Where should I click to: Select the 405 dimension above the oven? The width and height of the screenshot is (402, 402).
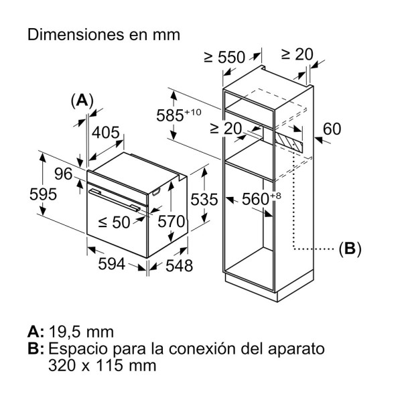pos(105,133)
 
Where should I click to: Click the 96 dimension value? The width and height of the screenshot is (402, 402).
pos(64,174)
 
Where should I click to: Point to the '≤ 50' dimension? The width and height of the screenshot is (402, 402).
pos(115,222)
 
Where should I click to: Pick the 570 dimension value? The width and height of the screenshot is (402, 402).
pos(170,222)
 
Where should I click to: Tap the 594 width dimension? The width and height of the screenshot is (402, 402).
pos(113,264)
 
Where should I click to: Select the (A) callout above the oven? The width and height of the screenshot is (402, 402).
pos(82,100)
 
